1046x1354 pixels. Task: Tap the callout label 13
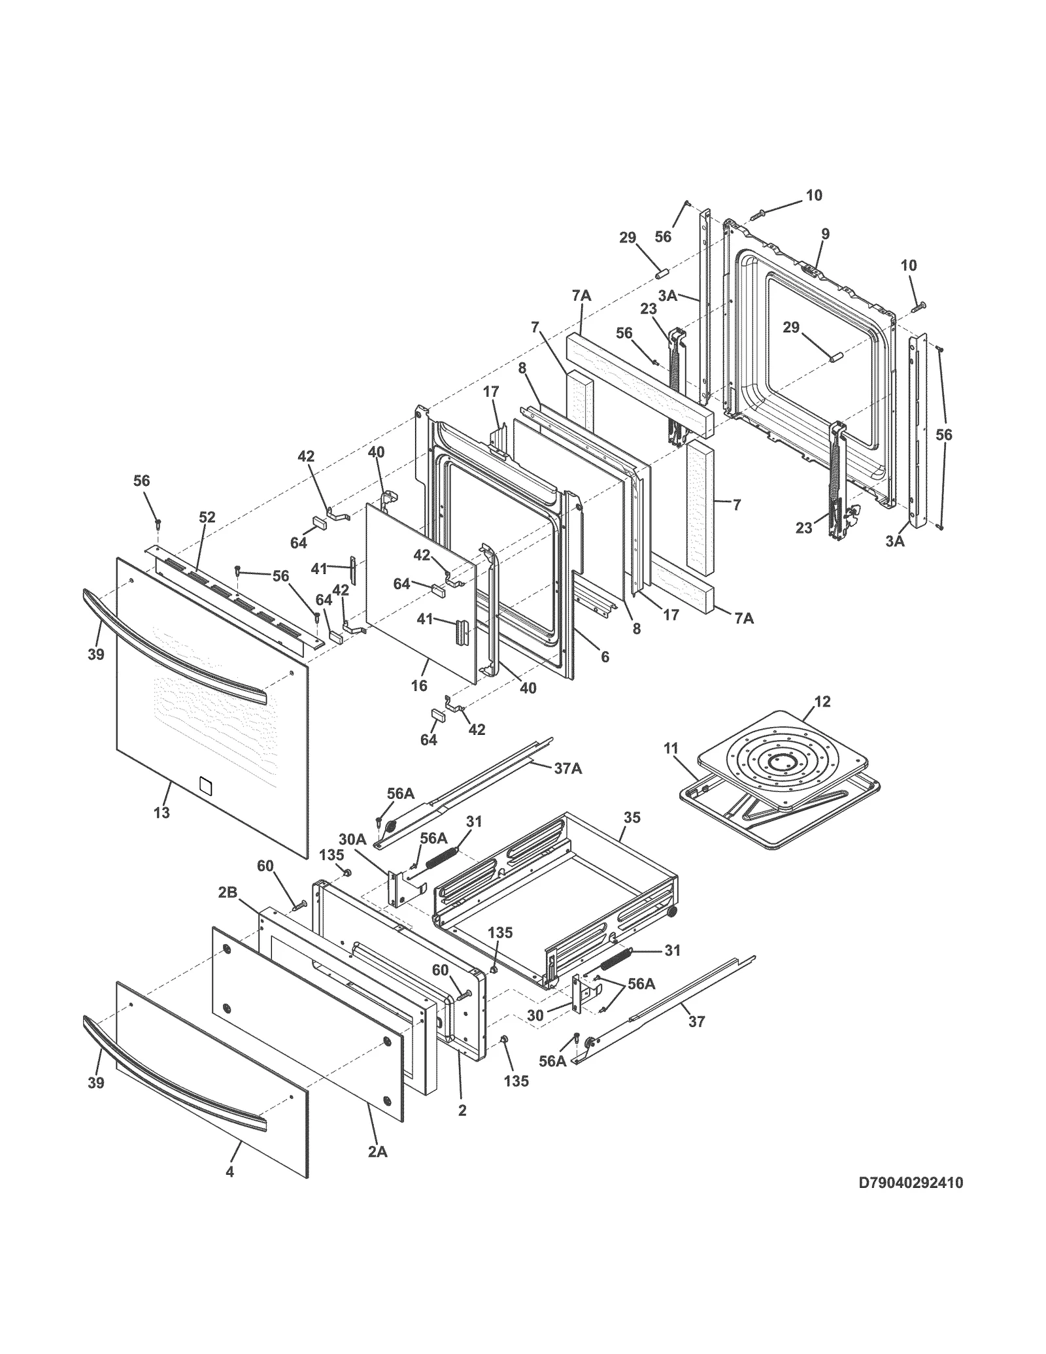161,813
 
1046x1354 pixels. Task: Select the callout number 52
207,518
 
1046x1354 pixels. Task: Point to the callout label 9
825,233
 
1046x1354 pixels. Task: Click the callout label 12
822,702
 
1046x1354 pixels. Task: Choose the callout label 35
632,817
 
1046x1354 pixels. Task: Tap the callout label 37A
567,769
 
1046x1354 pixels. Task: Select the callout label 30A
352,839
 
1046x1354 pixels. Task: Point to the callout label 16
419,685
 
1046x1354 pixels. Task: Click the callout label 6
605,656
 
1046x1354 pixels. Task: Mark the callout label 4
229,1191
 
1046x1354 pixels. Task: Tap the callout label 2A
377,1153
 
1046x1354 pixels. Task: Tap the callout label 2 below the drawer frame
462,1110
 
